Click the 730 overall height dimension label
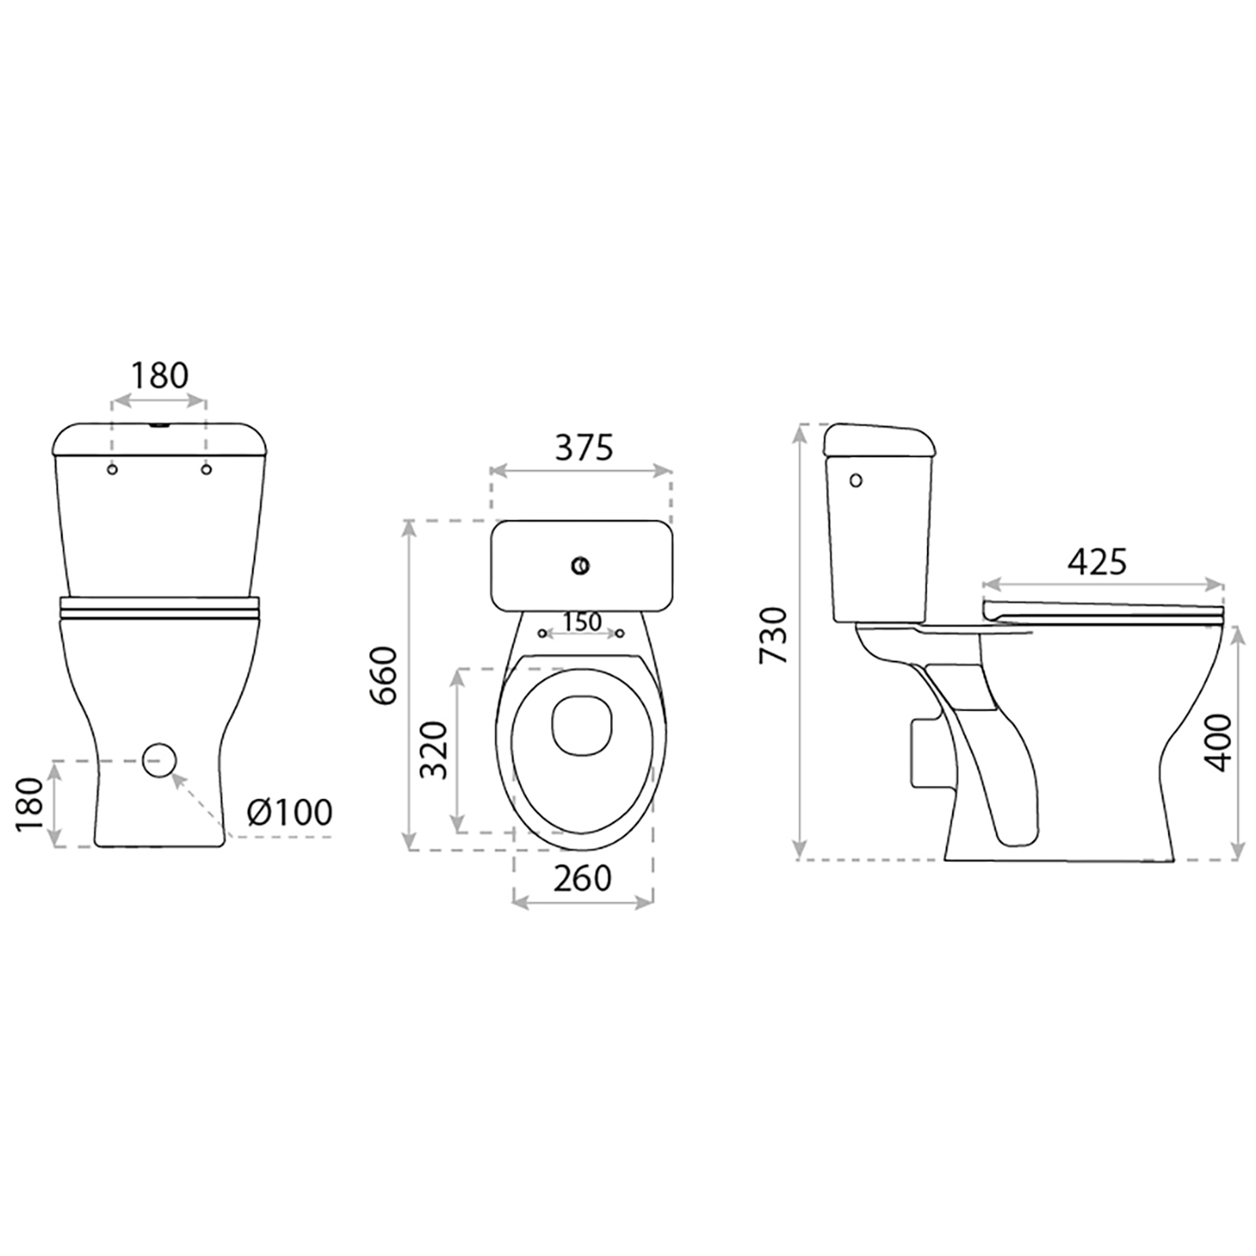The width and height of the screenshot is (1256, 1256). point(776,635)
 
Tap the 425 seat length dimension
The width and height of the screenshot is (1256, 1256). point(1097,561)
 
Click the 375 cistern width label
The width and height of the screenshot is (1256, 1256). point(583,447)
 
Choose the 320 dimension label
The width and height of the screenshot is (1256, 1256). point(433,750)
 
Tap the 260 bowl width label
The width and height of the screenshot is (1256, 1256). point(582,878)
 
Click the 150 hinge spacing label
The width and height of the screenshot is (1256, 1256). point(582,622)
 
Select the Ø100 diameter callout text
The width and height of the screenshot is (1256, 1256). point(289,812)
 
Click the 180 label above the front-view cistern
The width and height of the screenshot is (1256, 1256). point(159,376)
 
